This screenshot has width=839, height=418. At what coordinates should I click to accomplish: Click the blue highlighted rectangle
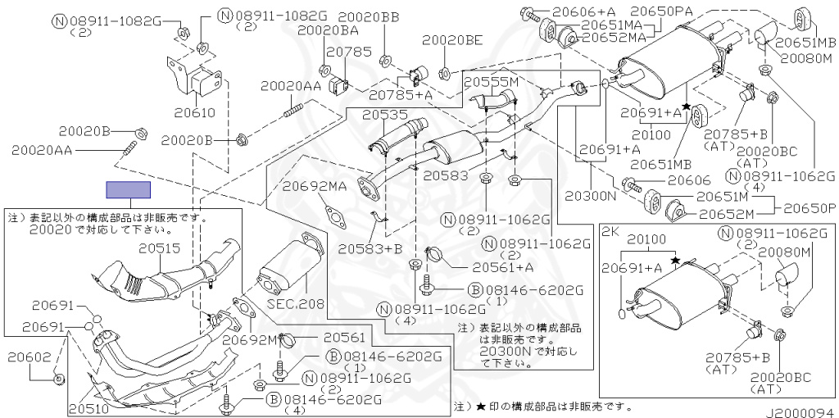click(129, 190)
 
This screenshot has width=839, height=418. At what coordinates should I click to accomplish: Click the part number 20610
click(195, 112)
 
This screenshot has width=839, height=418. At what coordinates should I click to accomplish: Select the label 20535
click(384, 115)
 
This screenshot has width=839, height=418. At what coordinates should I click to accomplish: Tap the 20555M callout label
click(492, 81)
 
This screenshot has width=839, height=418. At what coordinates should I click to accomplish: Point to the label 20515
click(161, 248)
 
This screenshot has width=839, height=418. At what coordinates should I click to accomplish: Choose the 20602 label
click(29, 357)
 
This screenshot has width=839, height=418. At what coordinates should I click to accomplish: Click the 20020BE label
click(452, 39)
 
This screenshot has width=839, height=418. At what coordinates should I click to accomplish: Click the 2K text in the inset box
click(610, 232)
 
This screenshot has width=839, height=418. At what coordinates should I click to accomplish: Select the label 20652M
click(726, 214)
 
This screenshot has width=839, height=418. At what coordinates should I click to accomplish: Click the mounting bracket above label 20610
click(195, 80)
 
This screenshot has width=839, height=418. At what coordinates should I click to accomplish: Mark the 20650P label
click(810, 208)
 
